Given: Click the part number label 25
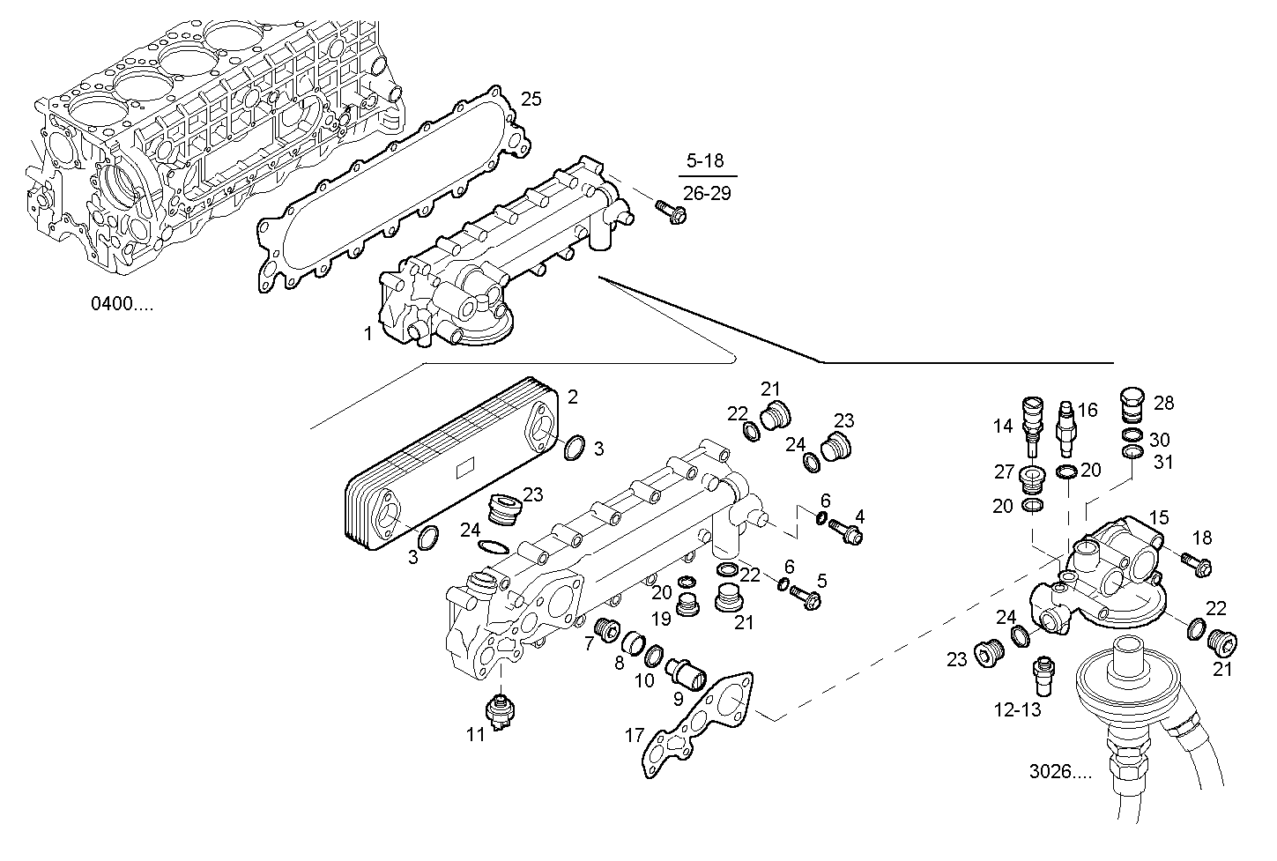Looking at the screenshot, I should pos(531,99).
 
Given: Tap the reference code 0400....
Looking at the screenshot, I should pos(122,305).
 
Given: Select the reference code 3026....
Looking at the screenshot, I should pos(1059,772).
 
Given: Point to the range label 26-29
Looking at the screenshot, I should pos(707,194).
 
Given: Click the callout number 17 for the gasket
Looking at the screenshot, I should pos(635,734).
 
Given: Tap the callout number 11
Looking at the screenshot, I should pos(476,733).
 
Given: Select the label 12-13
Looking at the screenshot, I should pos(1016,709).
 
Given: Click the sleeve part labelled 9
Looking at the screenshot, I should pos(686,675).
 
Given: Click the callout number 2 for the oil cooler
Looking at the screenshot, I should pos(573,397).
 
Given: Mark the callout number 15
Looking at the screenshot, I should pos(1158,518).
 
